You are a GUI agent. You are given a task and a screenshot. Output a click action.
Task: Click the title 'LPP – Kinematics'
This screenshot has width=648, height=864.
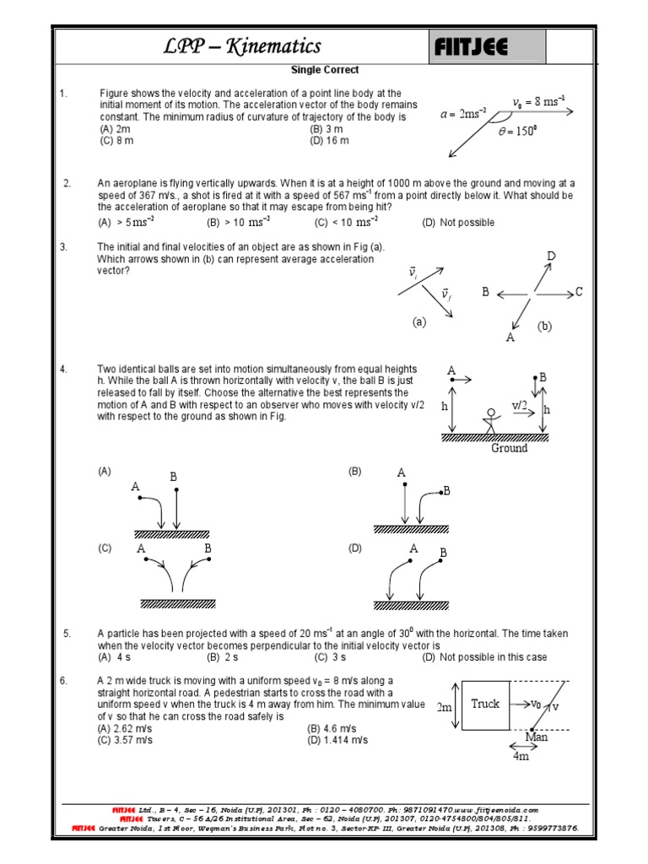click(242, 46)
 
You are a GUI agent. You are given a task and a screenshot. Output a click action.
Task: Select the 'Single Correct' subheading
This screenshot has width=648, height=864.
click(325, 70)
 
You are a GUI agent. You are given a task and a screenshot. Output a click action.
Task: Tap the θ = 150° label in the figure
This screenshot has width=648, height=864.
click(518, 132)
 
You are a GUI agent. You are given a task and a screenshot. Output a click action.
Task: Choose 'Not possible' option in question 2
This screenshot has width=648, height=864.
click(459, 223)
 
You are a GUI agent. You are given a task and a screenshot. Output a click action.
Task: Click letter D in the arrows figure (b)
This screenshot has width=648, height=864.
click(551, 256)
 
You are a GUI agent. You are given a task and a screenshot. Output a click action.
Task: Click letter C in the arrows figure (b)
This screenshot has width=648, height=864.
click(579, 293)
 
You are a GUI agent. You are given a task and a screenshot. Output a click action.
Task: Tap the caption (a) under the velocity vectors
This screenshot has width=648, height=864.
click(420, 321)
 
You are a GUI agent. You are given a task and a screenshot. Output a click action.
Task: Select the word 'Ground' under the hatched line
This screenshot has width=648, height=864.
click(509, 448)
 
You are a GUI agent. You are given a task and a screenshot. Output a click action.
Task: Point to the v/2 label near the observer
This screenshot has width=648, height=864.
click(520, 406)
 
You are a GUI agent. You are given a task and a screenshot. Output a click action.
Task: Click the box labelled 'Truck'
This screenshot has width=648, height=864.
click(485, 704)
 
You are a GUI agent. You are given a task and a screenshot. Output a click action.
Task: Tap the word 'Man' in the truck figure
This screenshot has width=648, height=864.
click(537, 737)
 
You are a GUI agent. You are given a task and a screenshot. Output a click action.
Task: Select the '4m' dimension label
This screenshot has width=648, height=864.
click(521, 756)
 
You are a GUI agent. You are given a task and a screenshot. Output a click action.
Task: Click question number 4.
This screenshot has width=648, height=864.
click(63, 370)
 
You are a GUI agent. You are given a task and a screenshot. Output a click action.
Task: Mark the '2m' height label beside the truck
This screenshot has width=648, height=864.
click(445, 707)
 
